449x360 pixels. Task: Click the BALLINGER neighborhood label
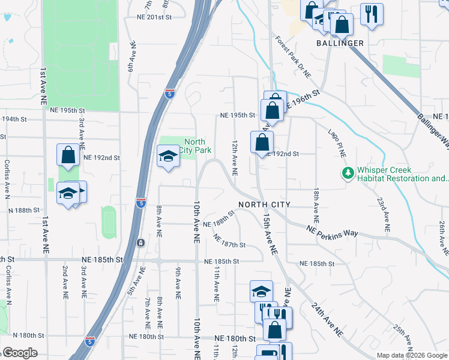click(x=340, y=43)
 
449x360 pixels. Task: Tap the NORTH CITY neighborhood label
click(x=264, y=205)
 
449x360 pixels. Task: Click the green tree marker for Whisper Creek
click(x=347, y=173)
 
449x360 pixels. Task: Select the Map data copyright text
click(x=412, y=355)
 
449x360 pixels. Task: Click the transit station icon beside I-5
click(x=140, y=242)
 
